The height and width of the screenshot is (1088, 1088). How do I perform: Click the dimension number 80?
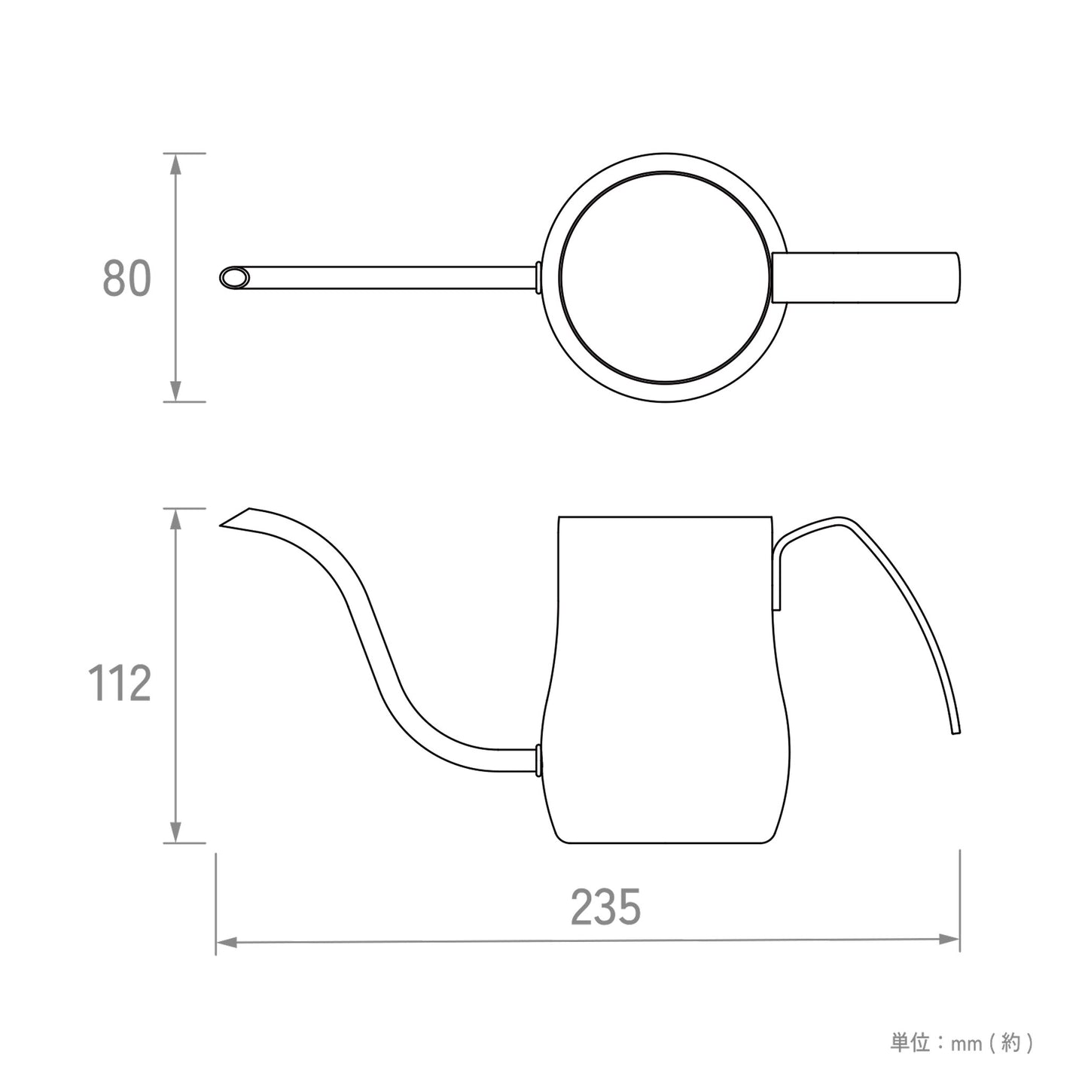pos(126,278)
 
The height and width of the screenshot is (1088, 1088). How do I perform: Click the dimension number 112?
pos(120,684)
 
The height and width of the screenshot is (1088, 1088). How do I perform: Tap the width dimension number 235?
pos(605,907)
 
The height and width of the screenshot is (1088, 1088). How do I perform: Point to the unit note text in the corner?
pos(962,1043)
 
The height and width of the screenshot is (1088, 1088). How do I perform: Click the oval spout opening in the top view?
pos(235,277)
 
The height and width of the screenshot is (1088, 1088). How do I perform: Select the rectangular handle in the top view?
pos(866,277)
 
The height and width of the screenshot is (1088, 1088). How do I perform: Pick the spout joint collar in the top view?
pos(538,277)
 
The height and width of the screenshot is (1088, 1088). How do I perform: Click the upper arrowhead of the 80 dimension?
pos(175,163)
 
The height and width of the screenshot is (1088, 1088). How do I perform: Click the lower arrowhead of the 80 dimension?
pos(175,392)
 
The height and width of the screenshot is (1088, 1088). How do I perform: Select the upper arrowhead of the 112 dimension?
pos(175,518)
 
